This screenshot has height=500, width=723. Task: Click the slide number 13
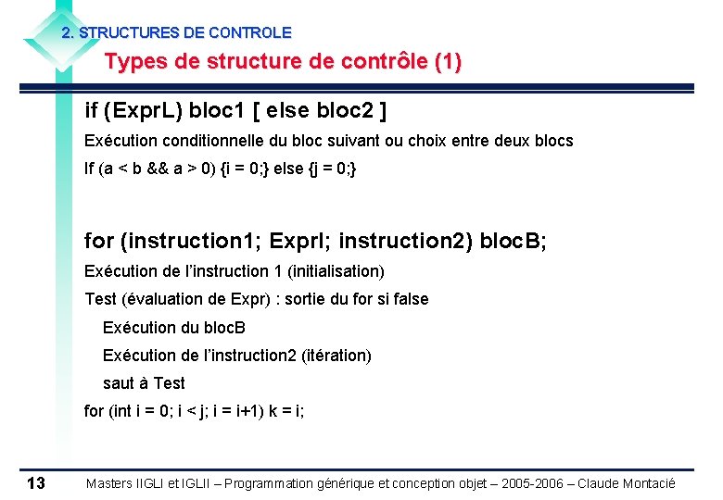(x=36, y=483)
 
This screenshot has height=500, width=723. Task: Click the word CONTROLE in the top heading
(x=249, y=32)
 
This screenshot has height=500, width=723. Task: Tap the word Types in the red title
(x=134, y=63)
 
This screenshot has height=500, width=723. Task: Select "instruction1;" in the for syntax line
(x=191, y=242)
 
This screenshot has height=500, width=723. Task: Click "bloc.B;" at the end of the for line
(x=513, y=242)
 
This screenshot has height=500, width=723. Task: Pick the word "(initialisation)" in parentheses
(x=336, y=271)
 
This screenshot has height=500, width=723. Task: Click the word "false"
(x=409, y=299)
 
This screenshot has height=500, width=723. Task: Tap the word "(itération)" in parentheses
(x=336, y=355)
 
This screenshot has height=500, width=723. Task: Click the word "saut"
(x=119, y=382)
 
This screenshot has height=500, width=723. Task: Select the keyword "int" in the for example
(x=121, y=410)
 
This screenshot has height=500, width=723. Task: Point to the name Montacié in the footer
(x=647, y=483)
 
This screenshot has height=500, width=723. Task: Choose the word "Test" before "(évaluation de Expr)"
(x=100, y=299)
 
